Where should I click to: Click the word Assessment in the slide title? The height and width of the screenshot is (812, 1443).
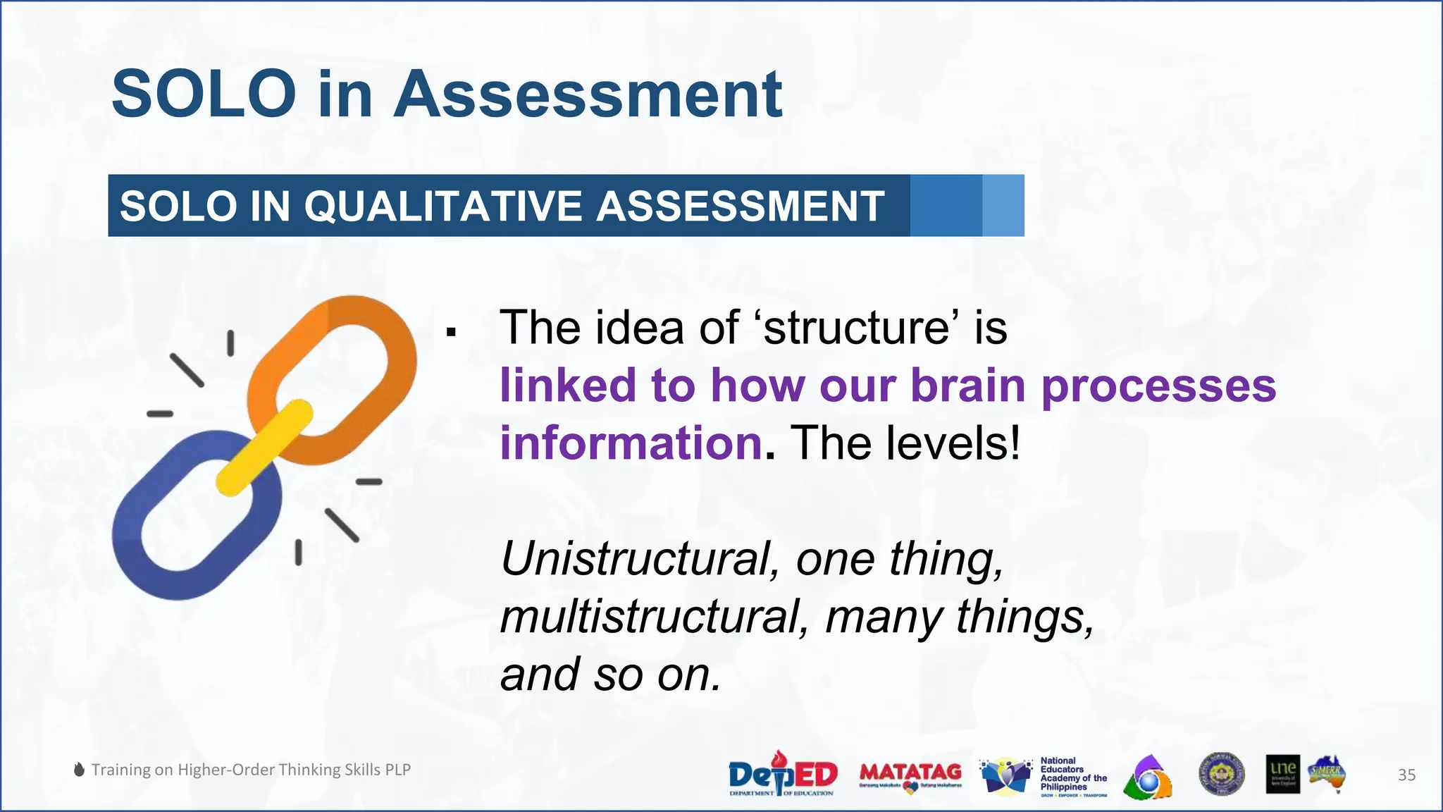(588, 94)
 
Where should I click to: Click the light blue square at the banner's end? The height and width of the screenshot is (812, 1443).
(1003, 205)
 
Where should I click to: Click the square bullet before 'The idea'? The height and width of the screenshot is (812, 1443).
(452, 331)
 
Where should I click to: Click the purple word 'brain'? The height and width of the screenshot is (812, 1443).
(968, 386)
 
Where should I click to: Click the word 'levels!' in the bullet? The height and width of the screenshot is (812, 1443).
(953, 443)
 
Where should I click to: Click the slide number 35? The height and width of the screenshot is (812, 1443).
(1406, 775)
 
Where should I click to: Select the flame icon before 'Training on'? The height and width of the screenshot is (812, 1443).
(80, 770)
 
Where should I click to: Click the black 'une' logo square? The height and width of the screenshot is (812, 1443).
(1282, 775)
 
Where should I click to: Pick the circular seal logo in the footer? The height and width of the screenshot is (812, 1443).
(1221, 775)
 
